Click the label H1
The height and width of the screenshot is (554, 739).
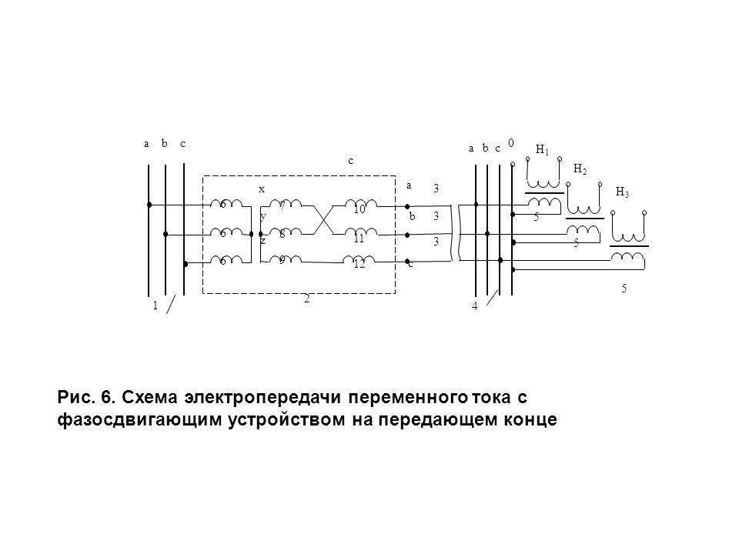(543, 149)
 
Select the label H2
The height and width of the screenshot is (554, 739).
(581, 169)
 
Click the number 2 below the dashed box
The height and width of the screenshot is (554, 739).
(306, 300)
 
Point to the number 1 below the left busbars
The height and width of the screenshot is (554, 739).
(155, 305)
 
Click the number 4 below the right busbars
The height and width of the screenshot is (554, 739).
(475, 307)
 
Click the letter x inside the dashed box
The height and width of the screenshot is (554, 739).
(261, 188)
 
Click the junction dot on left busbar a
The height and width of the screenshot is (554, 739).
(149, 205)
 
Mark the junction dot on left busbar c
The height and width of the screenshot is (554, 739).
(186, 264)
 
